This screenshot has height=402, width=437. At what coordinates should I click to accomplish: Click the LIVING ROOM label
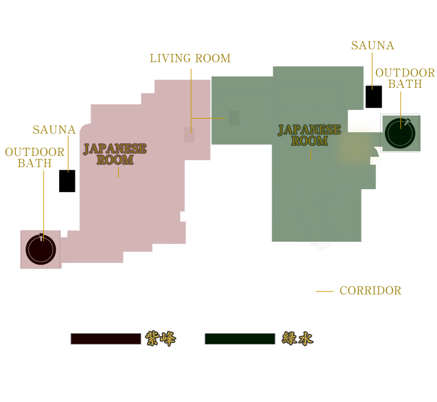(191, 58)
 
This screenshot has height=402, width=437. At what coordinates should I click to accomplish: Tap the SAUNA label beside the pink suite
(54, 130)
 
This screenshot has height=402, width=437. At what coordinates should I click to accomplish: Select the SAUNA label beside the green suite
(373, 45)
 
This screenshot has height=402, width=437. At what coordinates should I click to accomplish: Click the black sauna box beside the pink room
(67, 181)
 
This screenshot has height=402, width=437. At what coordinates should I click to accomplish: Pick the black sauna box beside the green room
(374, 97)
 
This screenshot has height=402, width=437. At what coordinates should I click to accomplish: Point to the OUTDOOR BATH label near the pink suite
(35, 157)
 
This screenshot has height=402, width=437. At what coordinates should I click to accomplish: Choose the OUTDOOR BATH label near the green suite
(405, 78)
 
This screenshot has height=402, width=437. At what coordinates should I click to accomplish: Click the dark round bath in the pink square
(41, 250)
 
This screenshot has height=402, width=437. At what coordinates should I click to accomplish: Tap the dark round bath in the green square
(400, 133)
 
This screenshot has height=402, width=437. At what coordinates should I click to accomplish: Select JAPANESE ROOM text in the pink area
(115, 154)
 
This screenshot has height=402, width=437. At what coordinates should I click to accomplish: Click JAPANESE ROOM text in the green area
(310, 135)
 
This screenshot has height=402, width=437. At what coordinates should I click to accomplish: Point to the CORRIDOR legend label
(370, 290)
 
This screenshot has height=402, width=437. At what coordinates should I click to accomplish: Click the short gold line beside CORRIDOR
(325, 291)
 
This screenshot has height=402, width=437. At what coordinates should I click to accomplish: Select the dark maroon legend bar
(106, 339)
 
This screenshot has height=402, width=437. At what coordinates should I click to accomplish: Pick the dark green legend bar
(240, 339)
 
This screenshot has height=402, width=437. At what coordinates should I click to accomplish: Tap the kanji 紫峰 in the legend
(160, 338)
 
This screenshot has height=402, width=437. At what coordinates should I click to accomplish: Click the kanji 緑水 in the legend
(298, 338)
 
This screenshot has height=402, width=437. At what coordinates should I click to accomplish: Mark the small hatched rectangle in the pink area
(189, 135)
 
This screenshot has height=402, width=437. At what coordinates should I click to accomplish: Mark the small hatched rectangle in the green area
(234, 118)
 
